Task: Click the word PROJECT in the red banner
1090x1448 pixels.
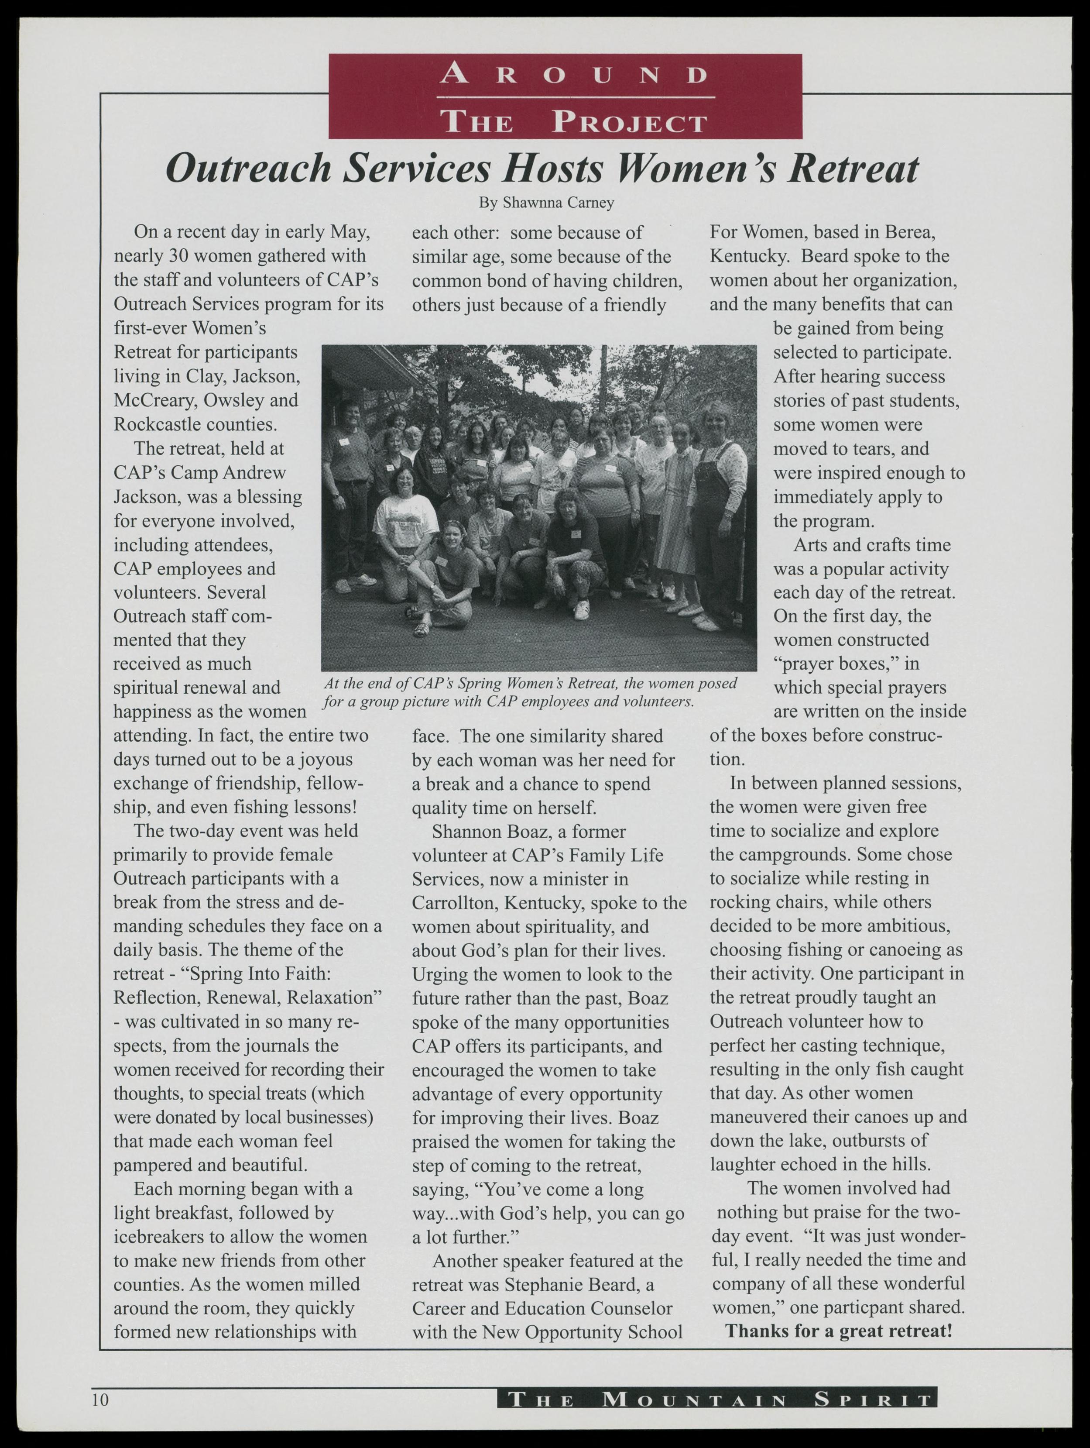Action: click(629, 122)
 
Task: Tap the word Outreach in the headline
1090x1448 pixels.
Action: click(249, 169)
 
